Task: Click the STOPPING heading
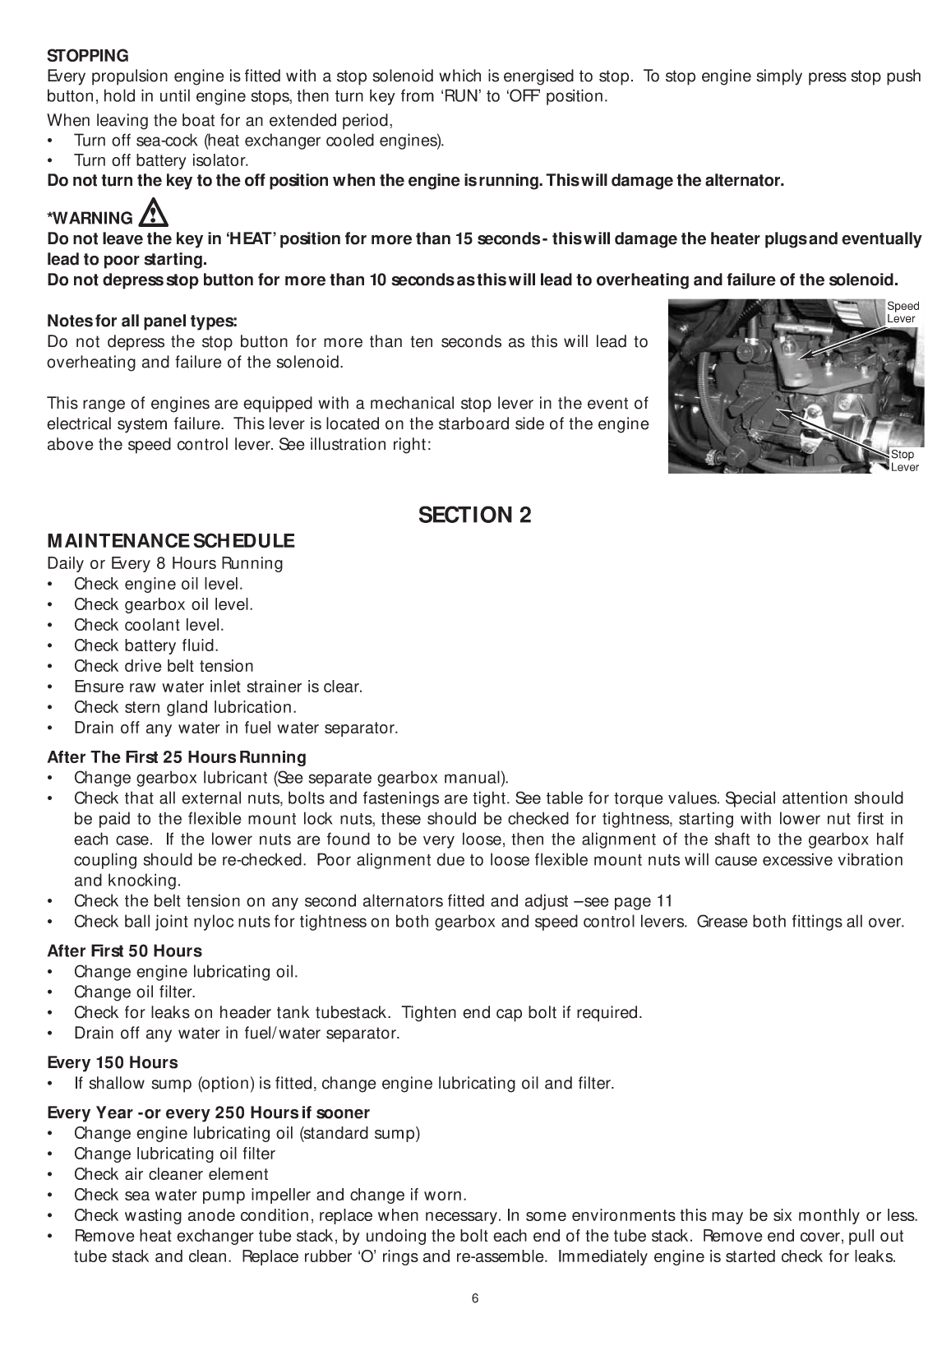[x=88, y=56]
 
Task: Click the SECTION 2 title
[x=474, y=516]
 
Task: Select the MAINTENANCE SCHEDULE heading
[x=170, y=541]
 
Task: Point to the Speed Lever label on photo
[x=903, y=312]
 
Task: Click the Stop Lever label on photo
[x=904, y=460]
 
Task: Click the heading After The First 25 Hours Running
[x=177, y=756]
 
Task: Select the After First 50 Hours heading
[x=124, y=951]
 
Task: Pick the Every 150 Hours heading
[x=113, y=1062]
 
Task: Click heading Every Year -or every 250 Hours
[x=209, y=1112]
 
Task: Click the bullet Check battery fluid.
[x=146, y=645]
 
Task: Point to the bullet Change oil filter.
[x=135, y=992]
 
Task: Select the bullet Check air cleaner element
[x=171, y=1174]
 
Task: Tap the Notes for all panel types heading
[x=142, y=321]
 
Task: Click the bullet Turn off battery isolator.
[x=161, y=160]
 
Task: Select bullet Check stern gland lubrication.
[x=185, y=707]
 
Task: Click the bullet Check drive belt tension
[x=164, y=666]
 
